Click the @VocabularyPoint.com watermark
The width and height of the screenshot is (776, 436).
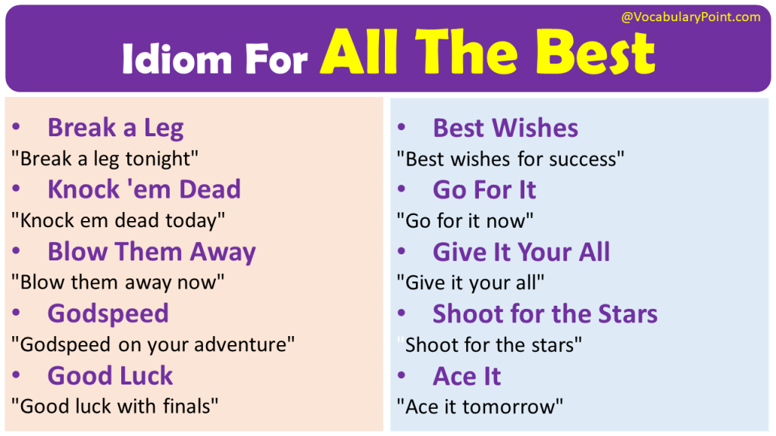[x=690, y=17]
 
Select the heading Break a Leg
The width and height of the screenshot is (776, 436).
[x=115, y=128]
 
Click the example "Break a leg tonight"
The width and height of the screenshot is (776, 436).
[x=105, y=159]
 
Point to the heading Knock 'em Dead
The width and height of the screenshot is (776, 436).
[x=144, y=189]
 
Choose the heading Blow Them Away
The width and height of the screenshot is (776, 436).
[x=152, y=251]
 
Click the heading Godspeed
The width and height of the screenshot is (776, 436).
[x=108, y=313]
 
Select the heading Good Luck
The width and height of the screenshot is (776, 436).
[x=110, y=375]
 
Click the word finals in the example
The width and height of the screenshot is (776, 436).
[x=187, y=406]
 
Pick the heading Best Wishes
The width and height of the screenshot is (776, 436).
[x=505, y=128]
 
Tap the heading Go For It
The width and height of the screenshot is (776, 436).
[x=484, y=190]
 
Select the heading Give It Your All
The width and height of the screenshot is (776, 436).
[x=521, y=251]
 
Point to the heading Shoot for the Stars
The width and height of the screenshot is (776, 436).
[x=545, y=313]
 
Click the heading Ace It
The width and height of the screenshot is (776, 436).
[x=467, y=375]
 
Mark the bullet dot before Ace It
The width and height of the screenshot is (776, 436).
[x=402, y=376]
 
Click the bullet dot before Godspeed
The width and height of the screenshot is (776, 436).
[x=17, y=314]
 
